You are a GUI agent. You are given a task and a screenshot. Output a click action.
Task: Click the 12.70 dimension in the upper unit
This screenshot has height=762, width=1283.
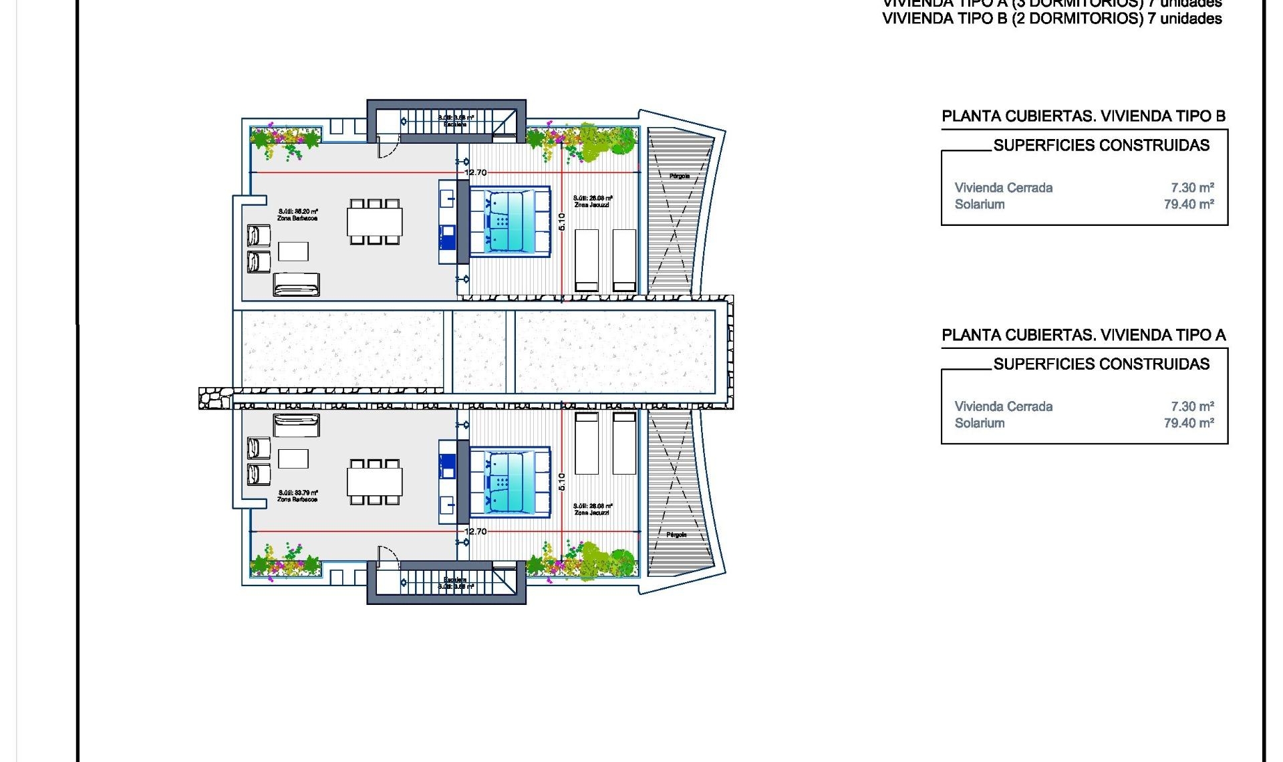tap(476, 172)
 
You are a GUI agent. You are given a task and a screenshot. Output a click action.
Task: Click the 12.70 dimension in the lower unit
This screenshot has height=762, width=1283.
tap(476, 531)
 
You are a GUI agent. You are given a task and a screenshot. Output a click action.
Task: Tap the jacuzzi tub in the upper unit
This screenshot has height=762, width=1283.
tap(510, 221)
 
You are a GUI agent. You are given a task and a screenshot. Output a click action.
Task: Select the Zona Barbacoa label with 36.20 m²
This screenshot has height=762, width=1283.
tap(298, 215)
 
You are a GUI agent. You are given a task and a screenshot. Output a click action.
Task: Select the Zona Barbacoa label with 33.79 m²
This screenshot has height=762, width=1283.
tap(298, 496)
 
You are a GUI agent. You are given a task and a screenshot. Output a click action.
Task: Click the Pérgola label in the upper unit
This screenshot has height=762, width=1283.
tap(679, 176)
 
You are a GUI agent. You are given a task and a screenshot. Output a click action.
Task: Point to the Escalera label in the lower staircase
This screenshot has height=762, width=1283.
tap(455, 580)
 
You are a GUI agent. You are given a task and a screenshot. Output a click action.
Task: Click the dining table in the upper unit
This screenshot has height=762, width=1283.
tap(374, 222)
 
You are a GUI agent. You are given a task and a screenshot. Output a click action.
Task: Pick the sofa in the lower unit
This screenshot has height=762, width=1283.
tap(296, 424)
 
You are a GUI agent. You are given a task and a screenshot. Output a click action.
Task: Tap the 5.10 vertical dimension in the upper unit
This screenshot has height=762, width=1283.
tap(561, 221)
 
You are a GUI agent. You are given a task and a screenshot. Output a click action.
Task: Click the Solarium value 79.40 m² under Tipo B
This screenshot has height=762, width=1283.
tap(1188, 205)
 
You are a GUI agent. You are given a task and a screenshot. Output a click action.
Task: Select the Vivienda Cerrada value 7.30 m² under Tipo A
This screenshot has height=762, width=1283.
tap(1192, 406)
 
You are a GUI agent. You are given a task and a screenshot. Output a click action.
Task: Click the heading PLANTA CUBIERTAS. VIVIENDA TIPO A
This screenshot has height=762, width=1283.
tap(1083, 336)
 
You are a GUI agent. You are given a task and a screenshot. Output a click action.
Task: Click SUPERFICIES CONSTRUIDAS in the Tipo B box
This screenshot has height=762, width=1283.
tap(1101, 146)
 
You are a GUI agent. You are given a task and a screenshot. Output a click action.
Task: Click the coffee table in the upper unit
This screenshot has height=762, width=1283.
tap(293, 251)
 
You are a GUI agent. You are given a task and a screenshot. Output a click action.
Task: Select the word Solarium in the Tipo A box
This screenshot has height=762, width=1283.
tap(979, 423)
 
